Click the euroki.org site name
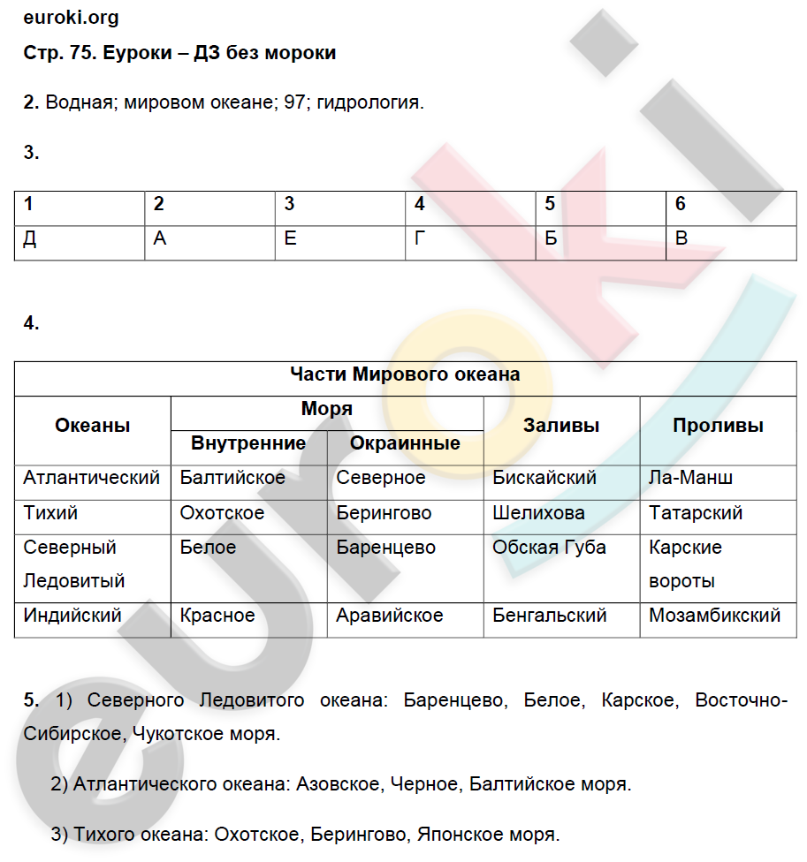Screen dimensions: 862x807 pyautogui.click(x=72, y=18)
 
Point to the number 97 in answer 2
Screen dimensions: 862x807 pyautogui.click(x=294, y=102)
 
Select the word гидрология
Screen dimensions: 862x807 pyautogui.click(x=369, y=102)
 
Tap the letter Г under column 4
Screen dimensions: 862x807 pyautogui.click(x=420, y=239)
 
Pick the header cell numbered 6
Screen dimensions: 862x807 pyautogui.click(x=681, y=204)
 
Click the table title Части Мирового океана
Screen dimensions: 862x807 pyautogui.click(x=406, y=374)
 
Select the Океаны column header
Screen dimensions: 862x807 pyautogui.click(x=93, y=426)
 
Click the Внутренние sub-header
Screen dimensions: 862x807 pyautogui.click(x=248, y=443)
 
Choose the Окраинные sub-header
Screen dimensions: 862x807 pyautogui.click(x=405, y=443)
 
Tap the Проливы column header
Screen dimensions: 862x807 pyautogui.click(x=718, y=426)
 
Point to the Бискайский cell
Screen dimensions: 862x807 pyautogui.click(x=544, y=478)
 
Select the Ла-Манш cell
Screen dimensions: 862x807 pyautogui.click(x=690, y=478)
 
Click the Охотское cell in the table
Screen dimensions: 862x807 pyautogui.click(x=222, y=513)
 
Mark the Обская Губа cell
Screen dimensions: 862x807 pyautogui.click(x=549, y=548)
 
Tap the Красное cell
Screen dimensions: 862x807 pyautogui.click(x=217, y=616)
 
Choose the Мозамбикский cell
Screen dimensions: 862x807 pyautogui.click(x=714, y=616)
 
